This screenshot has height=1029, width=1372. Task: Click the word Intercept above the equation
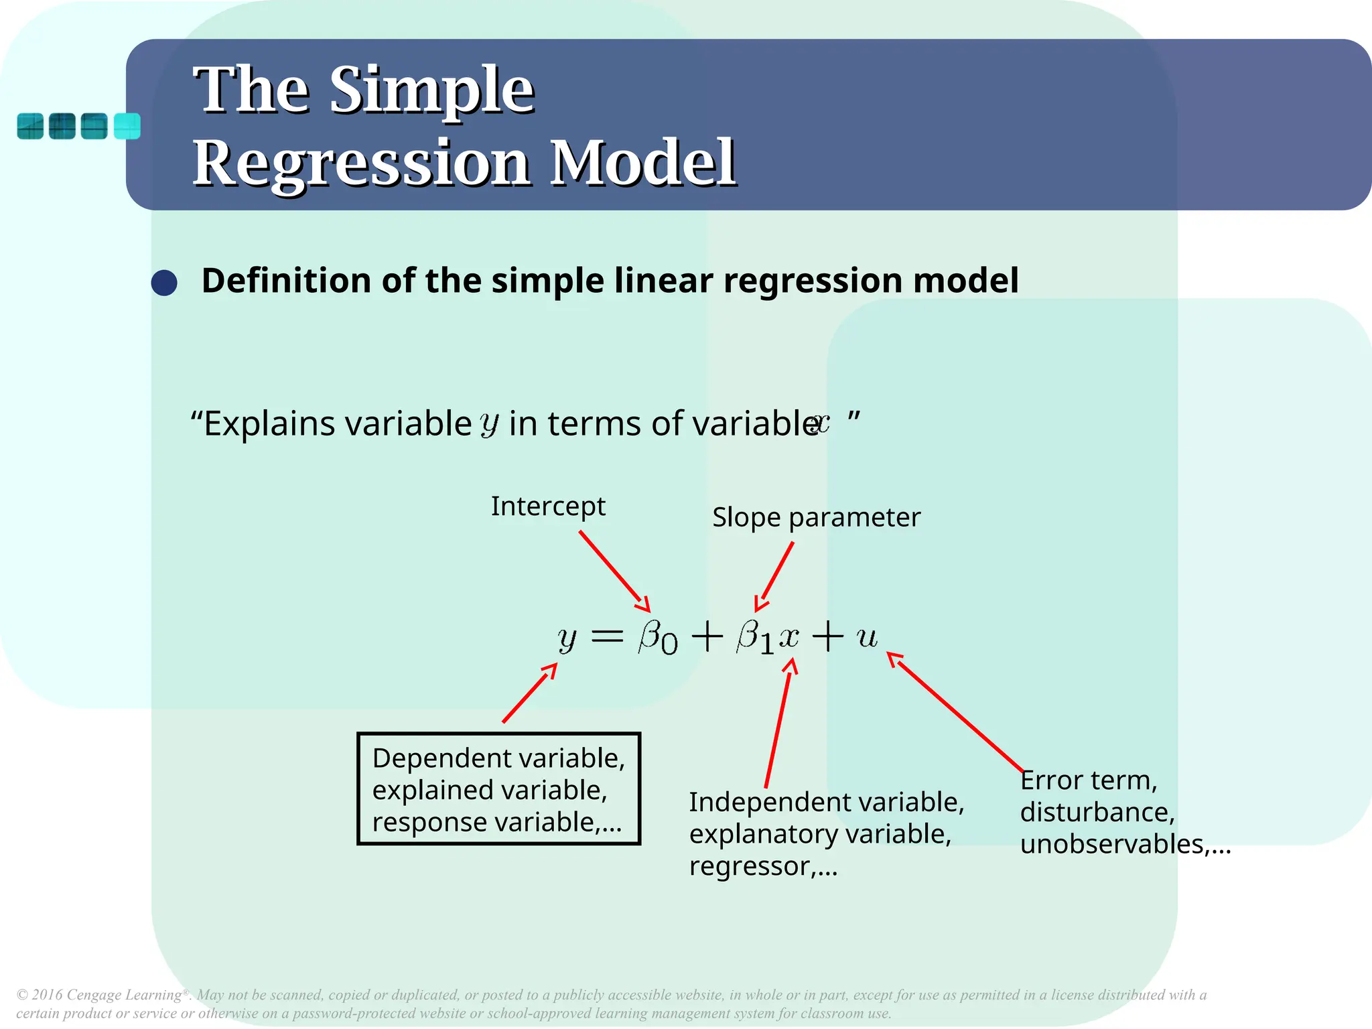tap(548, 506)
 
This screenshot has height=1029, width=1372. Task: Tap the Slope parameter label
tap(816, 518)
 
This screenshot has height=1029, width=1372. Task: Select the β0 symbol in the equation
tap(657, 636)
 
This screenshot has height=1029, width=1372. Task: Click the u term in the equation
tap(867, 636)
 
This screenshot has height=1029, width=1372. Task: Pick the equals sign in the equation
tap(608, 636)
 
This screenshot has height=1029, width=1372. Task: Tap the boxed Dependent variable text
tap(498, 789)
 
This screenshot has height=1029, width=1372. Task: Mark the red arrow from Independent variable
tap(779, 724)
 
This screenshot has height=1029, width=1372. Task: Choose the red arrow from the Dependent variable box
tap(529, 693)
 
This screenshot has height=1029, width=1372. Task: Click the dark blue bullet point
tap(164, 283)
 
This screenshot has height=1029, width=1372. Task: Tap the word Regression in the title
tap(362, 163)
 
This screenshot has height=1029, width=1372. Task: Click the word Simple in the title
tap(432, 90)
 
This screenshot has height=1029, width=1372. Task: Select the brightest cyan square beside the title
tap(127, 126)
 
